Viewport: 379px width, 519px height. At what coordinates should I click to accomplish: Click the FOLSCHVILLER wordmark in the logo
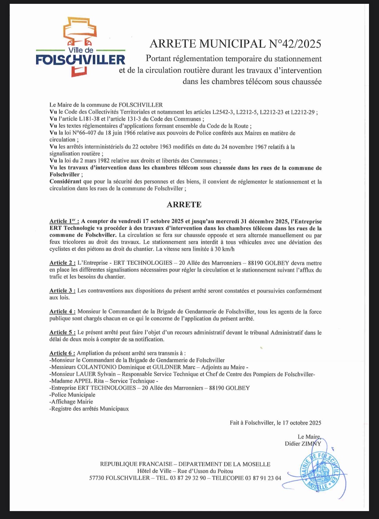tap(81, 60)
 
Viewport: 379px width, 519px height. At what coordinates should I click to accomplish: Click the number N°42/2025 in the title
tap(295, 44)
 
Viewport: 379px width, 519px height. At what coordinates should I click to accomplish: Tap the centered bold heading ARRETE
tap(184, 204)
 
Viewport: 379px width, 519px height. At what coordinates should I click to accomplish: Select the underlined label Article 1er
tap(64, 221)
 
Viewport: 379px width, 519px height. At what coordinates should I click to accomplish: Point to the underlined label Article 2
tap(62, 263)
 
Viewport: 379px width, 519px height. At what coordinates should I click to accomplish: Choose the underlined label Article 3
tap(62, 291)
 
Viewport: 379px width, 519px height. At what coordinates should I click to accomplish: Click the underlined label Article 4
tap(62, 312)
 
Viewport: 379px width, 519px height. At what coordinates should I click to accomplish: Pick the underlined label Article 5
tap(62, 332)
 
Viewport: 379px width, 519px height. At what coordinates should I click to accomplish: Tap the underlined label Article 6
tap(62, 353)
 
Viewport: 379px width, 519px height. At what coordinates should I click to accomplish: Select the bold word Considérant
tap(65, 182)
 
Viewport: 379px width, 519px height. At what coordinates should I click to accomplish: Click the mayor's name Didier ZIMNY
tap(303, 444)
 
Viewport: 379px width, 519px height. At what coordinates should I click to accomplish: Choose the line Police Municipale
tap(73, 395)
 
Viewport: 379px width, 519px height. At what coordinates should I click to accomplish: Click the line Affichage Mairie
tap(72, 402)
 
